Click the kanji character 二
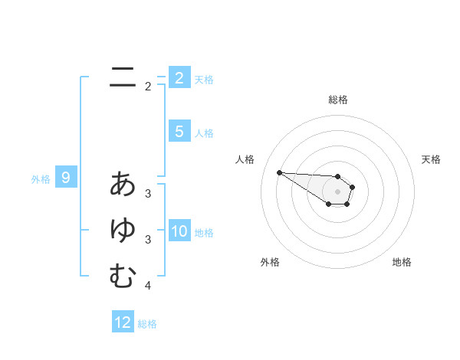[123, 77]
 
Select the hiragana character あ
[123, 184]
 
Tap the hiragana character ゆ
[123, 231]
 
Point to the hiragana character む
[123, 276]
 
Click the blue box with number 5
[179, 132]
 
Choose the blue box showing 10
[179, 231]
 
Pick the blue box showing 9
[66, 178]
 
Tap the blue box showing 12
[123, 322]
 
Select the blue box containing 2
[179, 77]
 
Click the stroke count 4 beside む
[148, 286]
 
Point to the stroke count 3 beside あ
[148, 194]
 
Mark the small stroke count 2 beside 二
[148, 87]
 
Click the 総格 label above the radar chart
[338, 100]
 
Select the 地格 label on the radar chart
[402, 262]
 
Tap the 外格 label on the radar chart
[270, 262]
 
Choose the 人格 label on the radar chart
[245, 159]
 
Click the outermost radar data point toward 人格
[279, 172]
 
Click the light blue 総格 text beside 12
[147, 324]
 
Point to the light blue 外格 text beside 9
[41, 179]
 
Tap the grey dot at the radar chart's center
[337, 191]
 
